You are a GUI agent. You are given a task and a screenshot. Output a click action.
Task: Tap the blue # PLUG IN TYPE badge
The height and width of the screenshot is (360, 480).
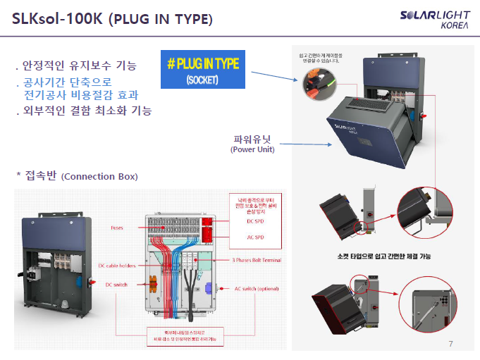[202, 69]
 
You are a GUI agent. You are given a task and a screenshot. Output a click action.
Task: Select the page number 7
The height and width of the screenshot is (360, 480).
[451, 344]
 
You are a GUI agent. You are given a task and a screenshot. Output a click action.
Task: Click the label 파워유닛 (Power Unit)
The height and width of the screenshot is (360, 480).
[252, 143]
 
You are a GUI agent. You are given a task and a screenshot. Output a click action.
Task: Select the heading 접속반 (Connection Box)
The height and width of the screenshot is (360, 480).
[77, 175]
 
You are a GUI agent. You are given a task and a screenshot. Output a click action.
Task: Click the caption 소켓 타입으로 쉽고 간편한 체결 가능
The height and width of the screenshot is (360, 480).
[383, 256]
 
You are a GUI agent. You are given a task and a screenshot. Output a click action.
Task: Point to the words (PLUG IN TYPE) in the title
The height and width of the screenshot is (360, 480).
[160, 20]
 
